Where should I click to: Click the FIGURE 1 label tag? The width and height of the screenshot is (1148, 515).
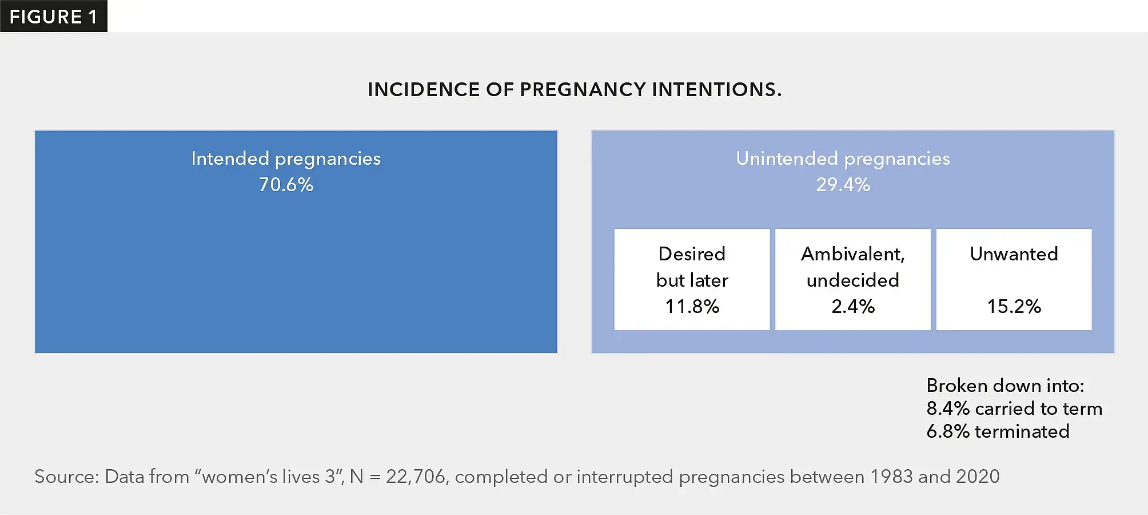click(53, 17)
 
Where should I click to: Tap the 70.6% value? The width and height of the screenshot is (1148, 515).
click(286, 185)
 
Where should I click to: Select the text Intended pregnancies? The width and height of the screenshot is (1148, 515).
click(286, 159)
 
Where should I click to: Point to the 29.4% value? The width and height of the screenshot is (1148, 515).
click(843, 185)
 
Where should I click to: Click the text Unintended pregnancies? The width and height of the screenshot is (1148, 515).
click(843, 159)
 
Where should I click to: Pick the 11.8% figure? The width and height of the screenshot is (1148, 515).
click(692, 307)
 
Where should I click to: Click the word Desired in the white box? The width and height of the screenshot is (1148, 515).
click(692, 254)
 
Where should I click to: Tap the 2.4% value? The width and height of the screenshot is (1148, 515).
click(853, 307)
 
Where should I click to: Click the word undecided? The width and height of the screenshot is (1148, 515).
click(853, 280)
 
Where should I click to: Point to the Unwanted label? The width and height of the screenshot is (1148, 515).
click(1014, 254)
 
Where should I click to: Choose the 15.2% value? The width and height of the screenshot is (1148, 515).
click(1014, 307)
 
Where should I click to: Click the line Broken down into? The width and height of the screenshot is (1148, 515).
click(1005, 386)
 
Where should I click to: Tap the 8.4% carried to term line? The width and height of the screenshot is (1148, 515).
click(1014, 409)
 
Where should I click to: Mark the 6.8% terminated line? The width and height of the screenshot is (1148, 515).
click(998, 431)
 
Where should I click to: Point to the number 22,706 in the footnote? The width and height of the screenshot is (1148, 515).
click(416, 477)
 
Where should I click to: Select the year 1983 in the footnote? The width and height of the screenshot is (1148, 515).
click(891, 477)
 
